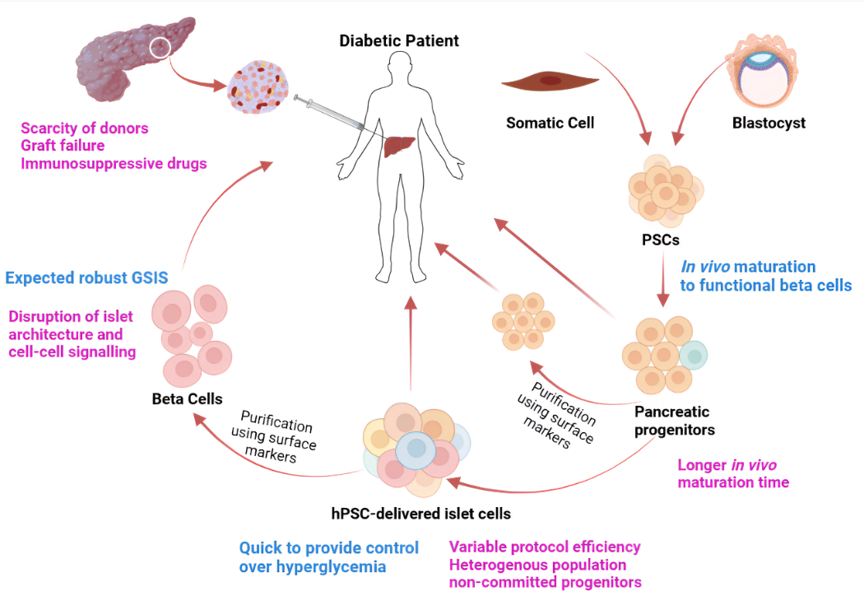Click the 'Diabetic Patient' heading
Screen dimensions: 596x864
pos(399,40)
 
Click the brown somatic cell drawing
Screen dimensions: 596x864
pos(549,82)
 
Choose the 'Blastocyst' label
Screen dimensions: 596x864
pos(769,123)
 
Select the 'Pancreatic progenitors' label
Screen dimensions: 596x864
pos(672,420)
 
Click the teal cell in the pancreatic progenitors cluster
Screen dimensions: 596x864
pos(694,355)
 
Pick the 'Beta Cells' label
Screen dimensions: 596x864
pos(187,399)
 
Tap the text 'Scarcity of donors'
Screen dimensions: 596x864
pos(84,128)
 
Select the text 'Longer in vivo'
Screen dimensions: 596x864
pos(727,464)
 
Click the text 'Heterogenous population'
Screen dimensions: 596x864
pos(537,565)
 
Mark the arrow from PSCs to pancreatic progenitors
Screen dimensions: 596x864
pos(663,280)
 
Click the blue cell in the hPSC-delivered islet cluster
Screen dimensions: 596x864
pos(417,449)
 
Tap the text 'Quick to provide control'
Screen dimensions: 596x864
pos(328,548)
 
